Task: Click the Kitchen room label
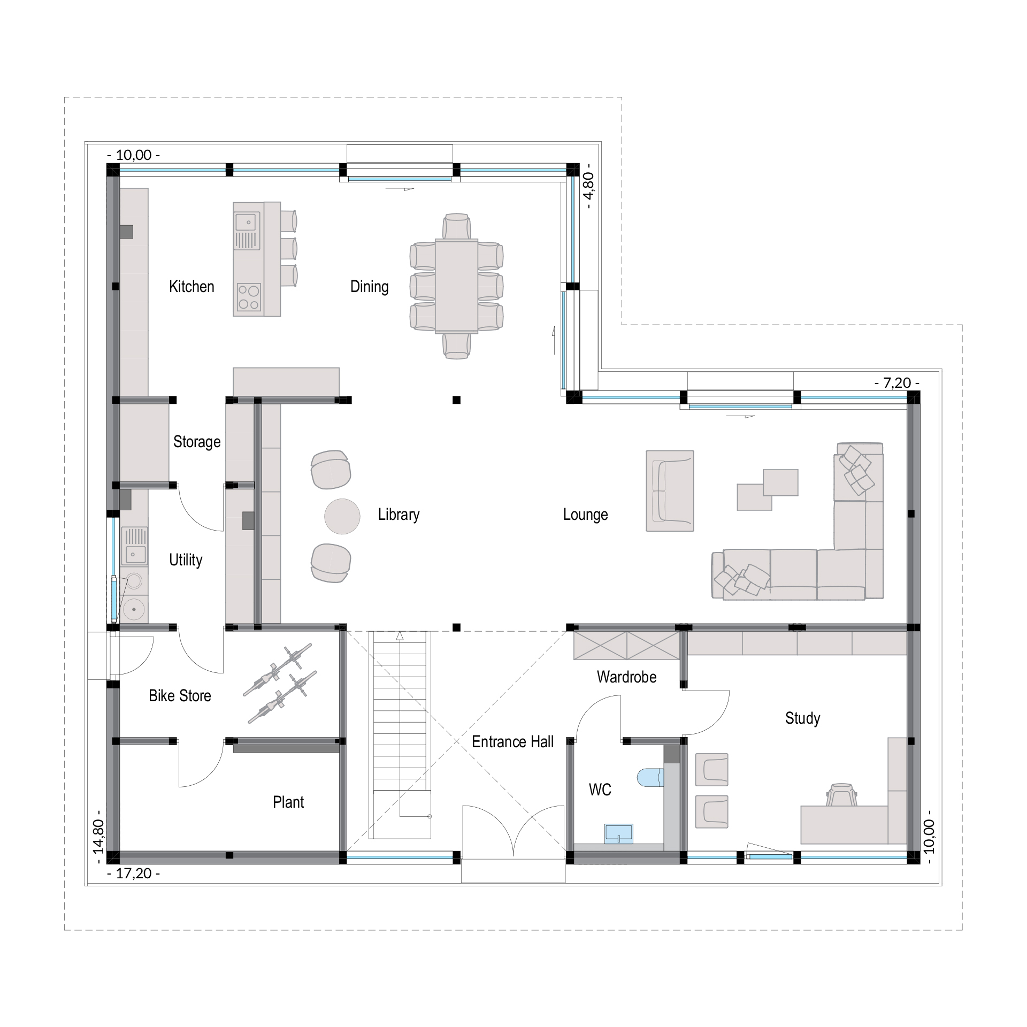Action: pyautogui.click(x=191, y=287)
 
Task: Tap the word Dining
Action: pyautogui.click(x=369, y=287)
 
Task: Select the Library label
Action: pyautogui.click(x=398, y=515)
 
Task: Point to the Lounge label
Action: pyautogui.click(x=585, y=515)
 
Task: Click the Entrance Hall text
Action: pyautogui.click(x=512, y=742)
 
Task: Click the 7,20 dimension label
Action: pyautogui.click(x=896, y=383)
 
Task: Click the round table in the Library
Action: pyautogui.click(x=342, y=516)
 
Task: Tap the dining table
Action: pyautogui.click(x=456, y=286)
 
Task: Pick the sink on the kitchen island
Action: pyautogui.click(x=247, y=231)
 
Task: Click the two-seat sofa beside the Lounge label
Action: pyautogui.click(x=670, y=491)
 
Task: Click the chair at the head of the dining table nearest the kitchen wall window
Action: pyautogui.click(x=456, y=227)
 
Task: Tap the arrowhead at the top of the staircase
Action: pyautogui.click(x=400, y=635)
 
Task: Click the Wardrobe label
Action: pyautogui.click(x=626, y=677)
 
